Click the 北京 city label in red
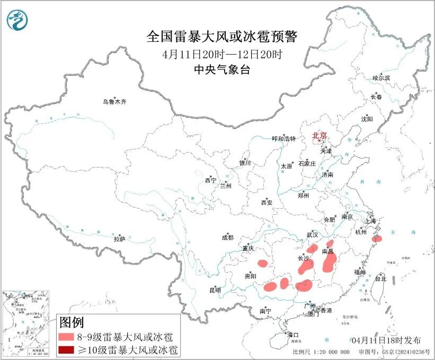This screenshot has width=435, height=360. [319, 135]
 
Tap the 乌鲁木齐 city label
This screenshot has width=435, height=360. [116, 101]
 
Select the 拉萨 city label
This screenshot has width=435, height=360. [119, 239]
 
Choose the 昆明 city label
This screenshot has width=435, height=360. [215, 290]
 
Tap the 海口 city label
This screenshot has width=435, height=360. [293, 335]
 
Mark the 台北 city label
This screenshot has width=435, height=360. [380, 278]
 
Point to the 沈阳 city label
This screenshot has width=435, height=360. [367, 119]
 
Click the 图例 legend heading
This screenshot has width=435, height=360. [72, 322]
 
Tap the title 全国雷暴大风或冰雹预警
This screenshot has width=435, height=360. [222, 37]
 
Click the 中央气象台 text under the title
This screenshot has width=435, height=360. [222, 69]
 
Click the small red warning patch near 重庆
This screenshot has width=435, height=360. [262, 263]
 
